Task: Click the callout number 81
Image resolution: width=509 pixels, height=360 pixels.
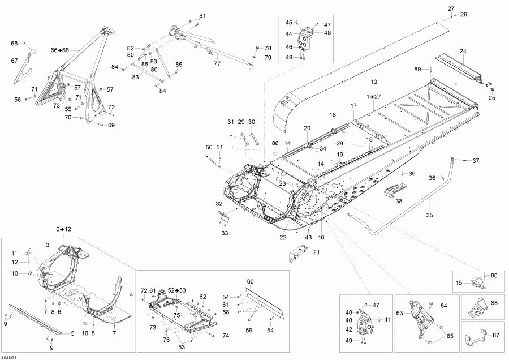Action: [x=202, y=15]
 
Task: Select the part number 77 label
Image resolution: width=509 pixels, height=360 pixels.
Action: [x=217, y=64]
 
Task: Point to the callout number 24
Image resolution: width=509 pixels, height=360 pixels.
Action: [x=463, y=52]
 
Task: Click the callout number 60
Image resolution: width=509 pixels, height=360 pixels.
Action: [x=250, y=281]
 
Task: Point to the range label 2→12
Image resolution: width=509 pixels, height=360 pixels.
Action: [x=64, y=229]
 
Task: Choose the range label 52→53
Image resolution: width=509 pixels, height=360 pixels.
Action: [x=176, y=290]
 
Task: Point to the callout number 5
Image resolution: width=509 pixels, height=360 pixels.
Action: [x=72, y=333]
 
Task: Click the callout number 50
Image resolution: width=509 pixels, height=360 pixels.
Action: [x=209, y=147]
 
